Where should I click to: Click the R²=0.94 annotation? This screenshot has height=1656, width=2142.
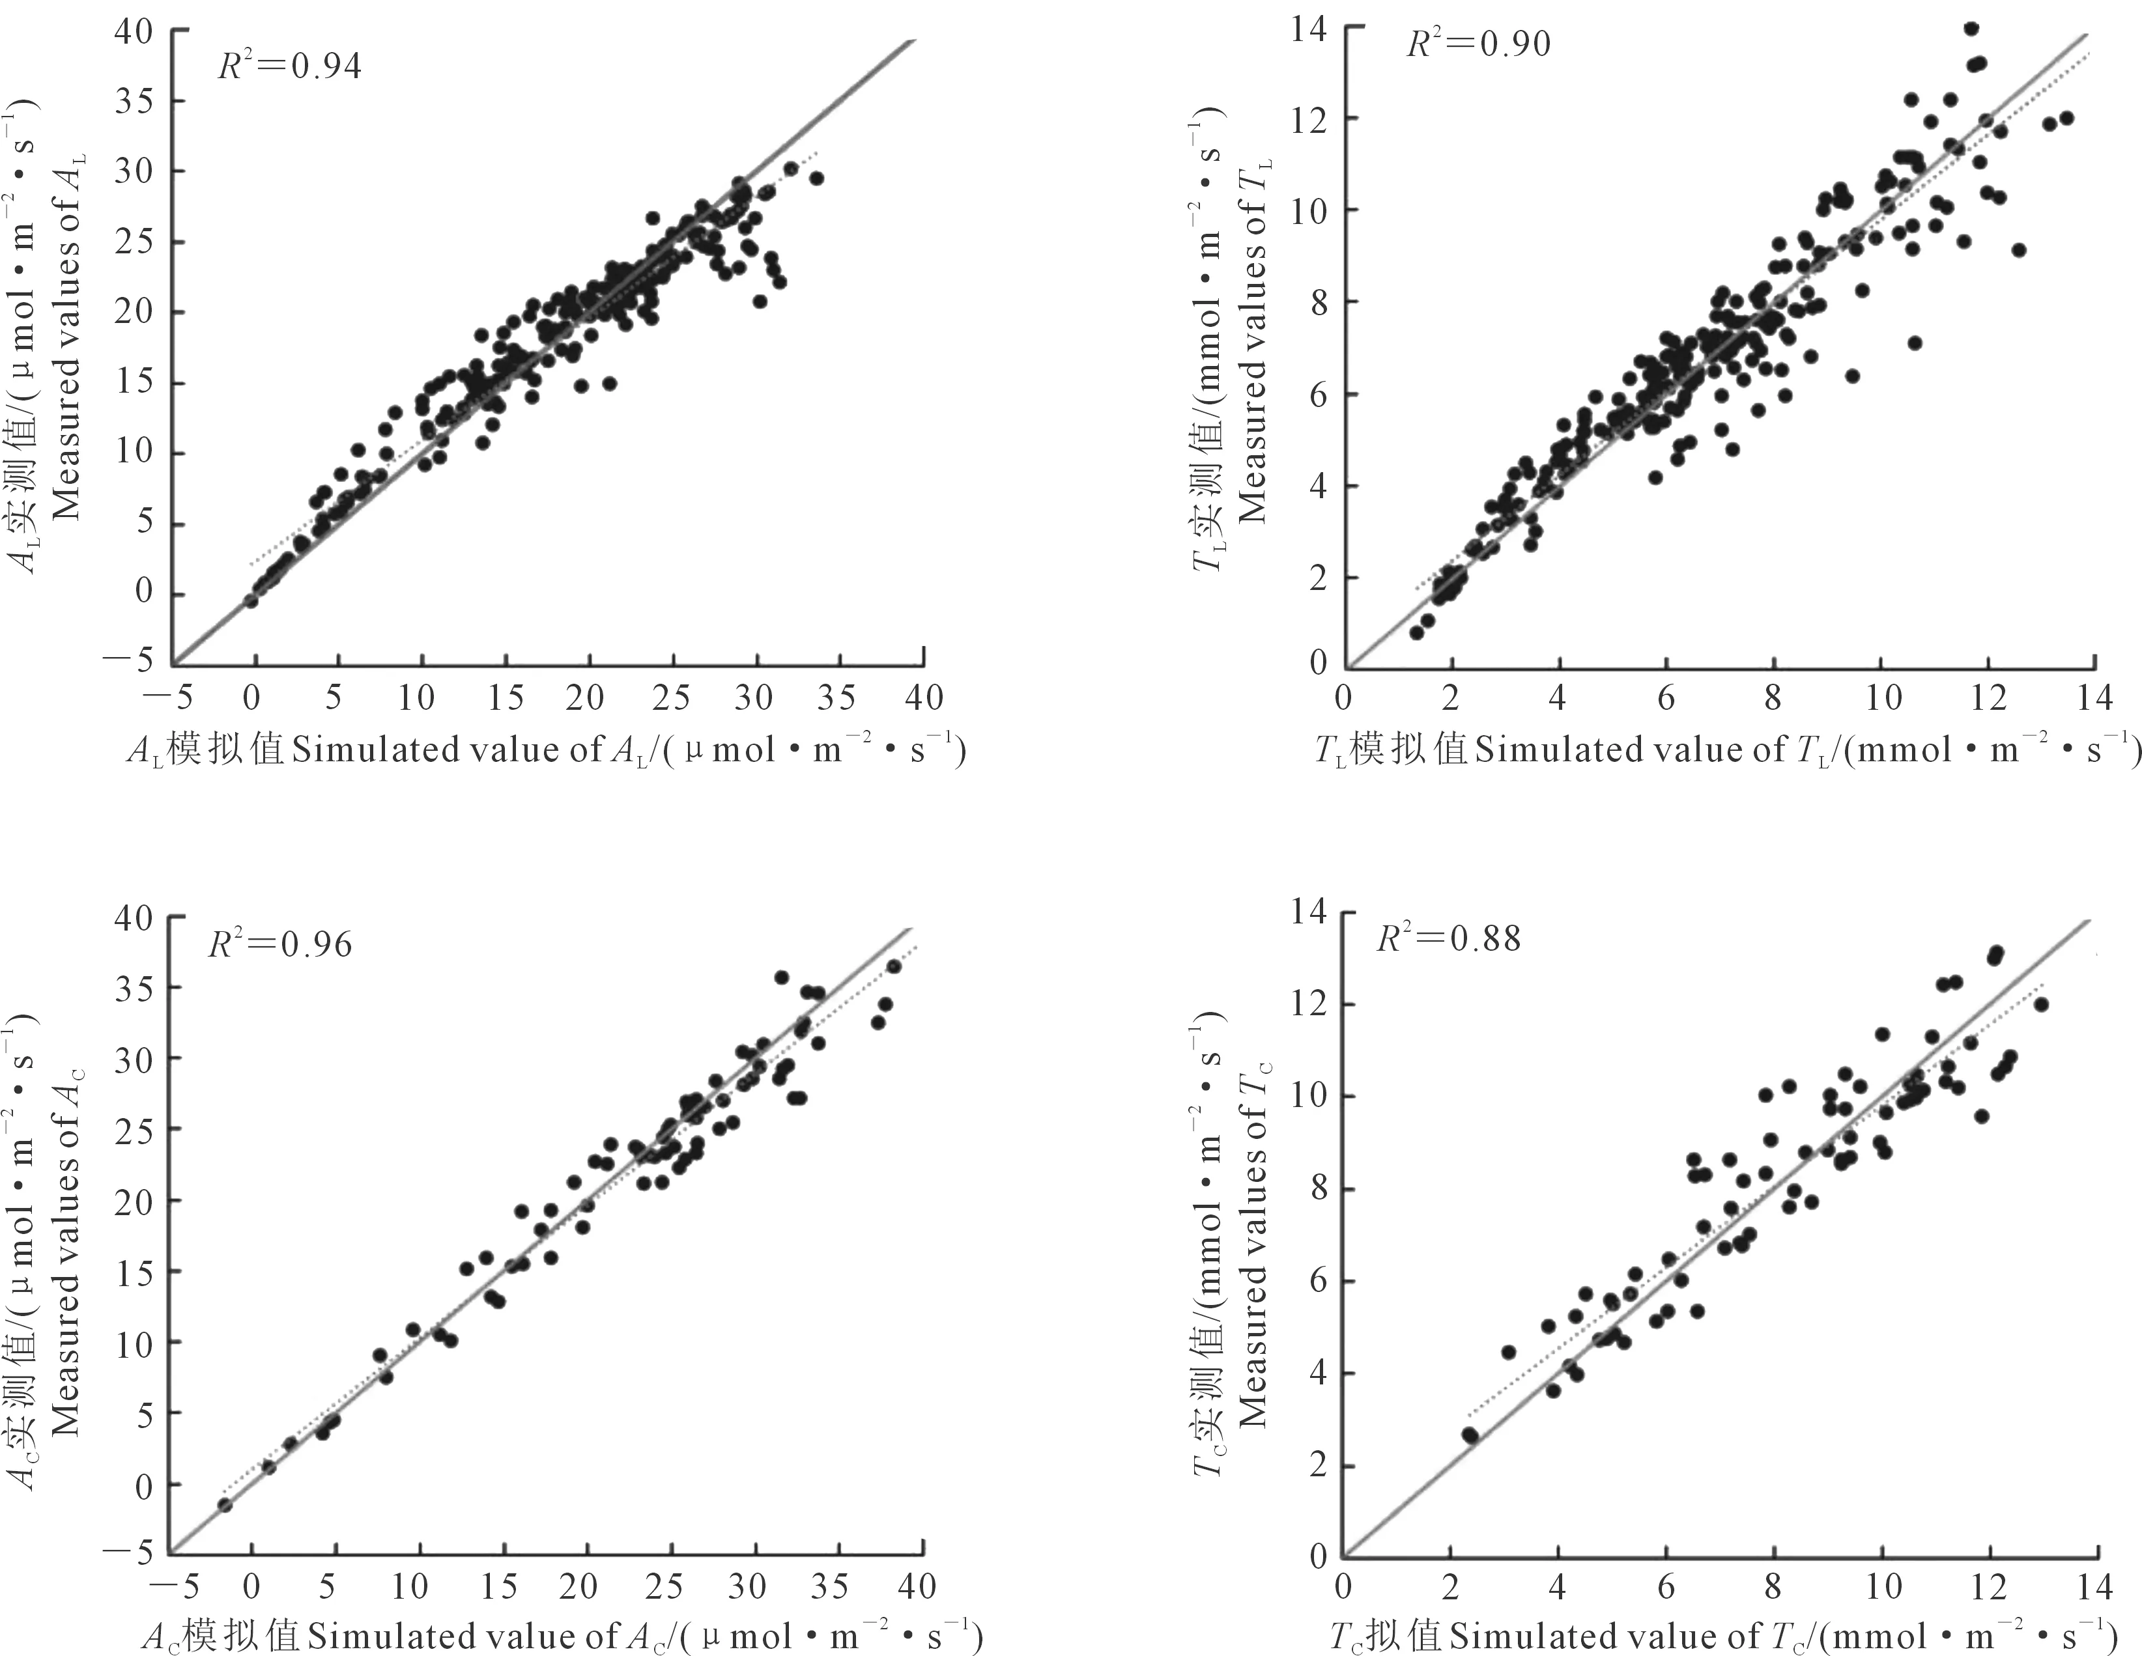(x=289, y=66)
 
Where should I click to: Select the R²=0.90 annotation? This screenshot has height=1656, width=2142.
(x=1478, y=44)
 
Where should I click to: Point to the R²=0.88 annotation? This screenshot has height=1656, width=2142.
(x=1449, y=938)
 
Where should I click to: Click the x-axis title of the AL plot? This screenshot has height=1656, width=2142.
(x=547, y=750)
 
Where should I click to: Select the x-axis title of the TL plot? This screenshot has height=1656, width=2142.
(x=1727, y=750)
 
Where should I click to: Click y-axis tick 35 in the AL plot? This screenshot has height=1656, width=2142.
(x=134, y=101)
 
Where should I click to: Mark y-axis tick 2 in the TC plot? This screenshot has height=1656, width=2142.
(x=1317, y=1466)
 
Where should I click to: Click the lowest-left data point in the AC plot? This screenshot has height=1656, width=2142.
(x=225, y=1504)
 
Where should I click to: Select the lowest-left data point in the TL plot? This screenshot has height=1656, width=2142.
(x=1416, y=632)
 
